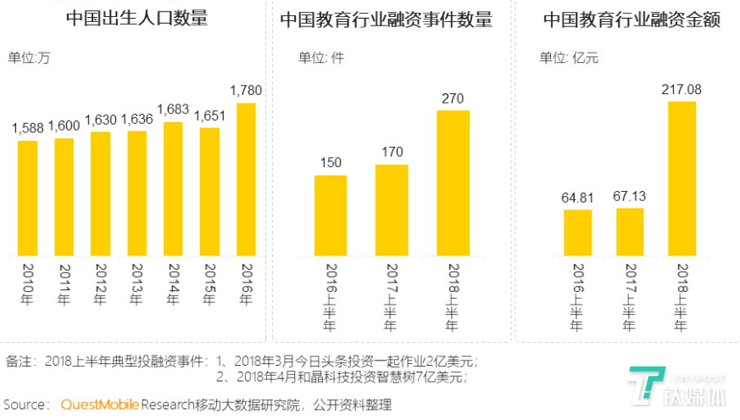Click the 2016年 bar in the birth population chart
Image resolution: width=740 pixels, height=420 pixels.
click(x=246, y=179)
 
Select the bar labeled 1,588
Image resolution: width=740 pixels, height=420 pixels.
click(x=28, y=198)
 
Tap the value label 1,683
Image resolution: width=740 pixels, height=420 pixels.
click(x=173, y=109)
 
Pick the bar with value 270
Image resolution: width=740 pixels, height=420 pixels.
click(x=453, y=183)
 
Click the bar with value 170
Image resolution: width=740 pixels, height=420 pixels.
click(x=391, y=210)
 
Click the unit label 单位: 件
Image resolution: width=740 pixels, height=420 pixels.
click(x=320, y=58)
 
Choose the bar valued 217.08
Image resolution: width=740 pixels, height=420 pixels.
click(x=682, y=178)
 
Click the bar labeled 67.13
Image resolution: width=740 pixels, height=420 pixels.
click(x=630, y=231)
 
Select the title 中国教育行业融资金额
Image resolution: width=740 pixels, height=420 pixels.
click(x=632, y=19)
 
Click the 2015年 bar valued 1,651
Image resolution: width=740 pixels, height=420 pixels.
click(x=209, y=192)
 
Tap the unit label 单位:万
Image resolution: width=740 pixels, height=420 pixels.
click(x=31, y=58)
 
